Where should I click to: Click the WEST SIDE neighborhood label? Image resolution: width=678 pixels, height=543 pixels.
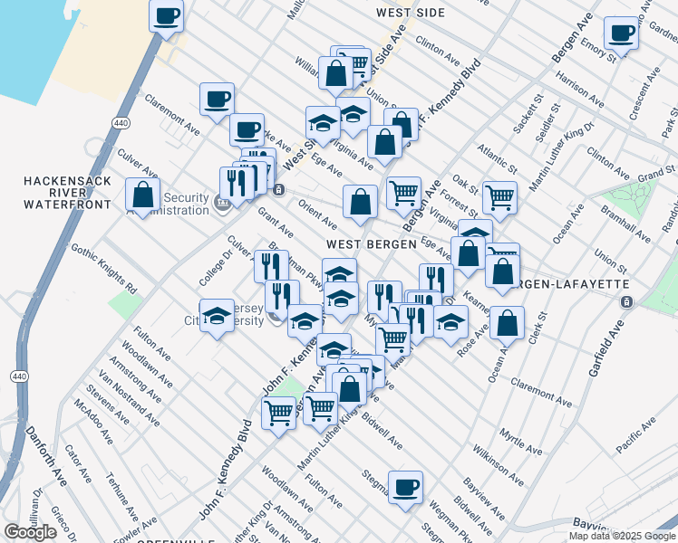coord(409,13)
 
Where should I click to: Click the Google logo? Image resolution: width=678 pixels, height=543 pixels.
coord(30,532)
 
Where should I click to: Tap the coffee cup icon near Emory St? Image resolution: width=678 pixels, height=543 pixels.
coord(622,34)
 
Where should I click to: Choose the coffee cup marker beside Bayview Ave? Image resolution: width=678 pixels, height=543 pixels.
coord(405,487)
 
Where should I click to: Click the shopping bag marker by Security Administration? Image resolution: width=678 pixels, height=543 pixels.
coord(142,194)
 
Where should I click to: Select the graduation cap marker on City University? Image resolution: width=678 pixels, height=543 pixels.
coord(217,317)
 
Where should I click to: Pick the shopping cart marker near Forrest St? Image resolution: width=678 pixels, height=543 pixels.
coord(499,196)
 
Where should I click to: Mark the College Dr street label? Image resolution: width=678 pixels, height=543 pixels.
coord(215,268)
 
